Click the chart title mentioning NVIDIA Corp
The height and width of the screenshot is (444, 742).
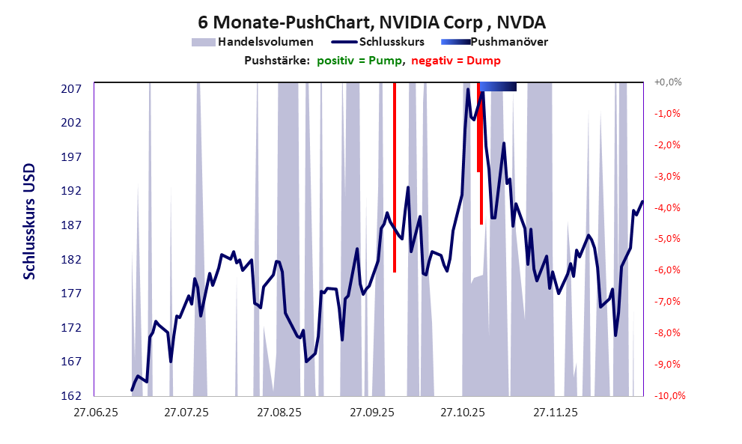(x=370, y=21)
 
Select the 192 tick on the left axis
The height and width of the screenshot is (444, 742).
(x=71, y=191)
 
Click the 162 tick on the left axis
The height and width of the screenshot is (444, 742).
(x=71, y=395)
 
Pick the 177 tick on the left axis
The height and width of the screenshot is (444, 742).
(x=71, y=294)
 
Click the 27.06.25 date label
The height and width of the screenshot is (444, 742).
(x=94, y=413)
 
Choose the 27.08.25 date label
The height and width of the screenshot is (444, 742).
(x=279, y=413)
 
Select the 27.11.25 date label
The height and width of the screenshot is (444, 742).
(x=556, y=413)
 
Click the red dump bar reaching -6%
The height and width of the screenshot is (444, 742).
(x=395, y=180)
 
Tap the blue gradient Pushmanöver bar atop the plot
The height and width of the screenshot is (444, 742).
(x=498, y=87)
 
